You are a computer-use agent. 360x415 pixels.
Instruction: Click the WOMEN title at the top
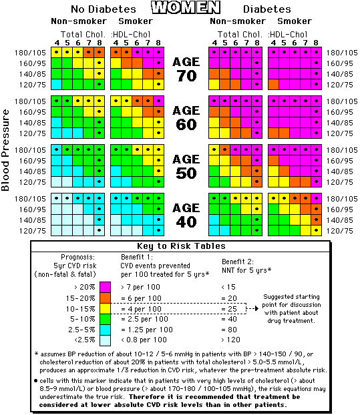[x=186, y=8]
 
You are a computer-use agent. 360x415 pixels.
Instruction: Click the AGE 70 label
[x=186, y=69]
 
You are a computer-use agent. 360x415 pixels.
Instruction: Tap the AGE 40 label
[x=186, y=216]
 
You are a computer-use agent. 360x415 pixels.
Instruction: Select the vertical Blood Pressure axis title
[x=5, y=150]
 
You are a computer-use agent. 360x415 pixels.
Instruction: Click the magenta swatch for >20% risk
[x=105, y=287]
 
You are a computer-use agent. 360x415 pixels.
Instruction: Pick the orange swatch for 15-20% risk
[x=105, y=298]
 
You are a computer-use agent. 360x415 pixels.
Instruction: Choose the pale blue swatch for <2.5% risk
[x=105, y=340]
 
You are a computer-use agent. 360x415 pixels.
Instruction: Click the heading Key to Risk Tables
[x=181, y=246]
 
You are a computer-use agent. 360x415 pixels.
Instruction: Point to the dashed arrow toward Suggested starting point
[x=252, y=308]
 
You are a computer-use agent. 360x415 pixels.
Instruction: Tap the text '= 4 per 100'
[x=141, y=309]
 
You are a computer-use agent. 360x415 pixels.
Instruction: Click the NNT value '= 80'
[x=229, y=330]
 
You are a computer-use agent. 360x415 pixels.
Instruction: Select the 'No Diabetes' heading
[x=104, y=9]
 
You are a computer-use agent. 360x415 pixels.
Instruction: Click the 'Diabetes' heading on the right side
[x=267, y=9]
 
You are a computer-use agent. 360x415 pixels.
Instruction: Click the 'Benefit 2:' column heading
[x=238, y=262]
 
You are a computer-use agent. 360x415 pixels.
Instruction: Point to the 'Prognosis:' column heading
[x=78, y=257]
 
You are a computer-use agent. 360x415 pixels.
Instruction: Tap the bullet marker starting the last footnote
[x=36, y=381]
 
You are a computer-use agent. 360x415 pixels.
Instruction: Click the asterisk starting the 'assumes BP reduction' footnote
[x=36, y=354]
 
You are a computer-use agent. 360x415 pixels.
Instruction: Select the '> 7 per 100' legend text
[x=140, y=287]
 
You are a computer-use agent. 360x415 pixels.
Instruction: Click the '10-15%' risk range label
[x=81, y=309]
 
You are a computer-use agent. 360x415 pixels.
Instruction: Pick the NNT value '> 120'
[x=230, y=340]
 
